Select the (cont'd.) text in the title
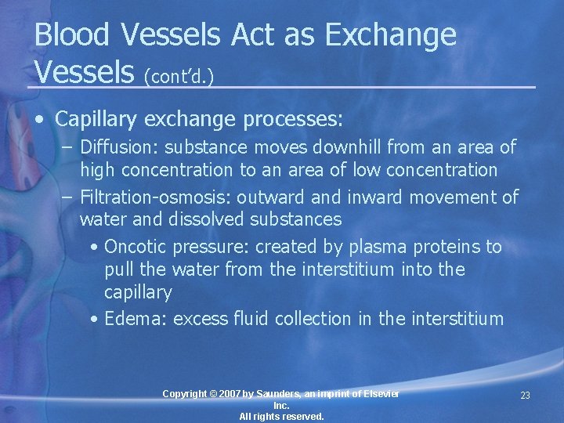[x=179, y=76]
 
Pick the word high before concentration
[x=97, y=170]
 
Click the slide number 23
[x=525, y=396]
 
